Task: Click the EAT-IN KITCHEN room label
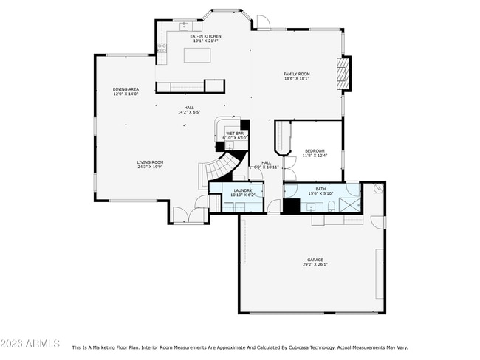tap(205, 36)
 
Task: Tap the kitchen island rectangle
tap(192, 55)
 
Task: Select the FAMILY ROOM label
tap(297, 74)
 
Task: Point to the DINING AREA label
tap(126, 89)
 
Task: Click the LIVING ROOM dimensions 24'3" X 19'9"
tap(150, 167)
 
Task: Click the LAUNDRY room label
tap(243, 190)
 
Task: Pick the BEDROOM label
tap(315, 150)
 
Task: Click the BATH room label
tap(320, 189)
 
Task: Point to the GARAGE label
tap(315, 260)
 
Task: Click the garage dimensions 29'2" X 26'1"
tap(315, 265)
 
